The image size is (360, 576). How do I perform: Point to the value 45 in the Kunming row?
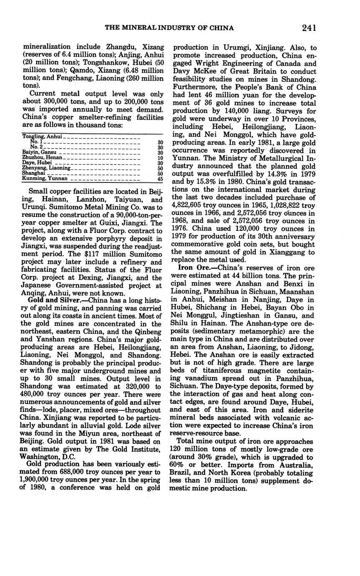click(x=160, y=179)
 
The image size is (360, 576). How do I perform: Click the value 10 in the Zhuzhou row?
click(x=160, y=157)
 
